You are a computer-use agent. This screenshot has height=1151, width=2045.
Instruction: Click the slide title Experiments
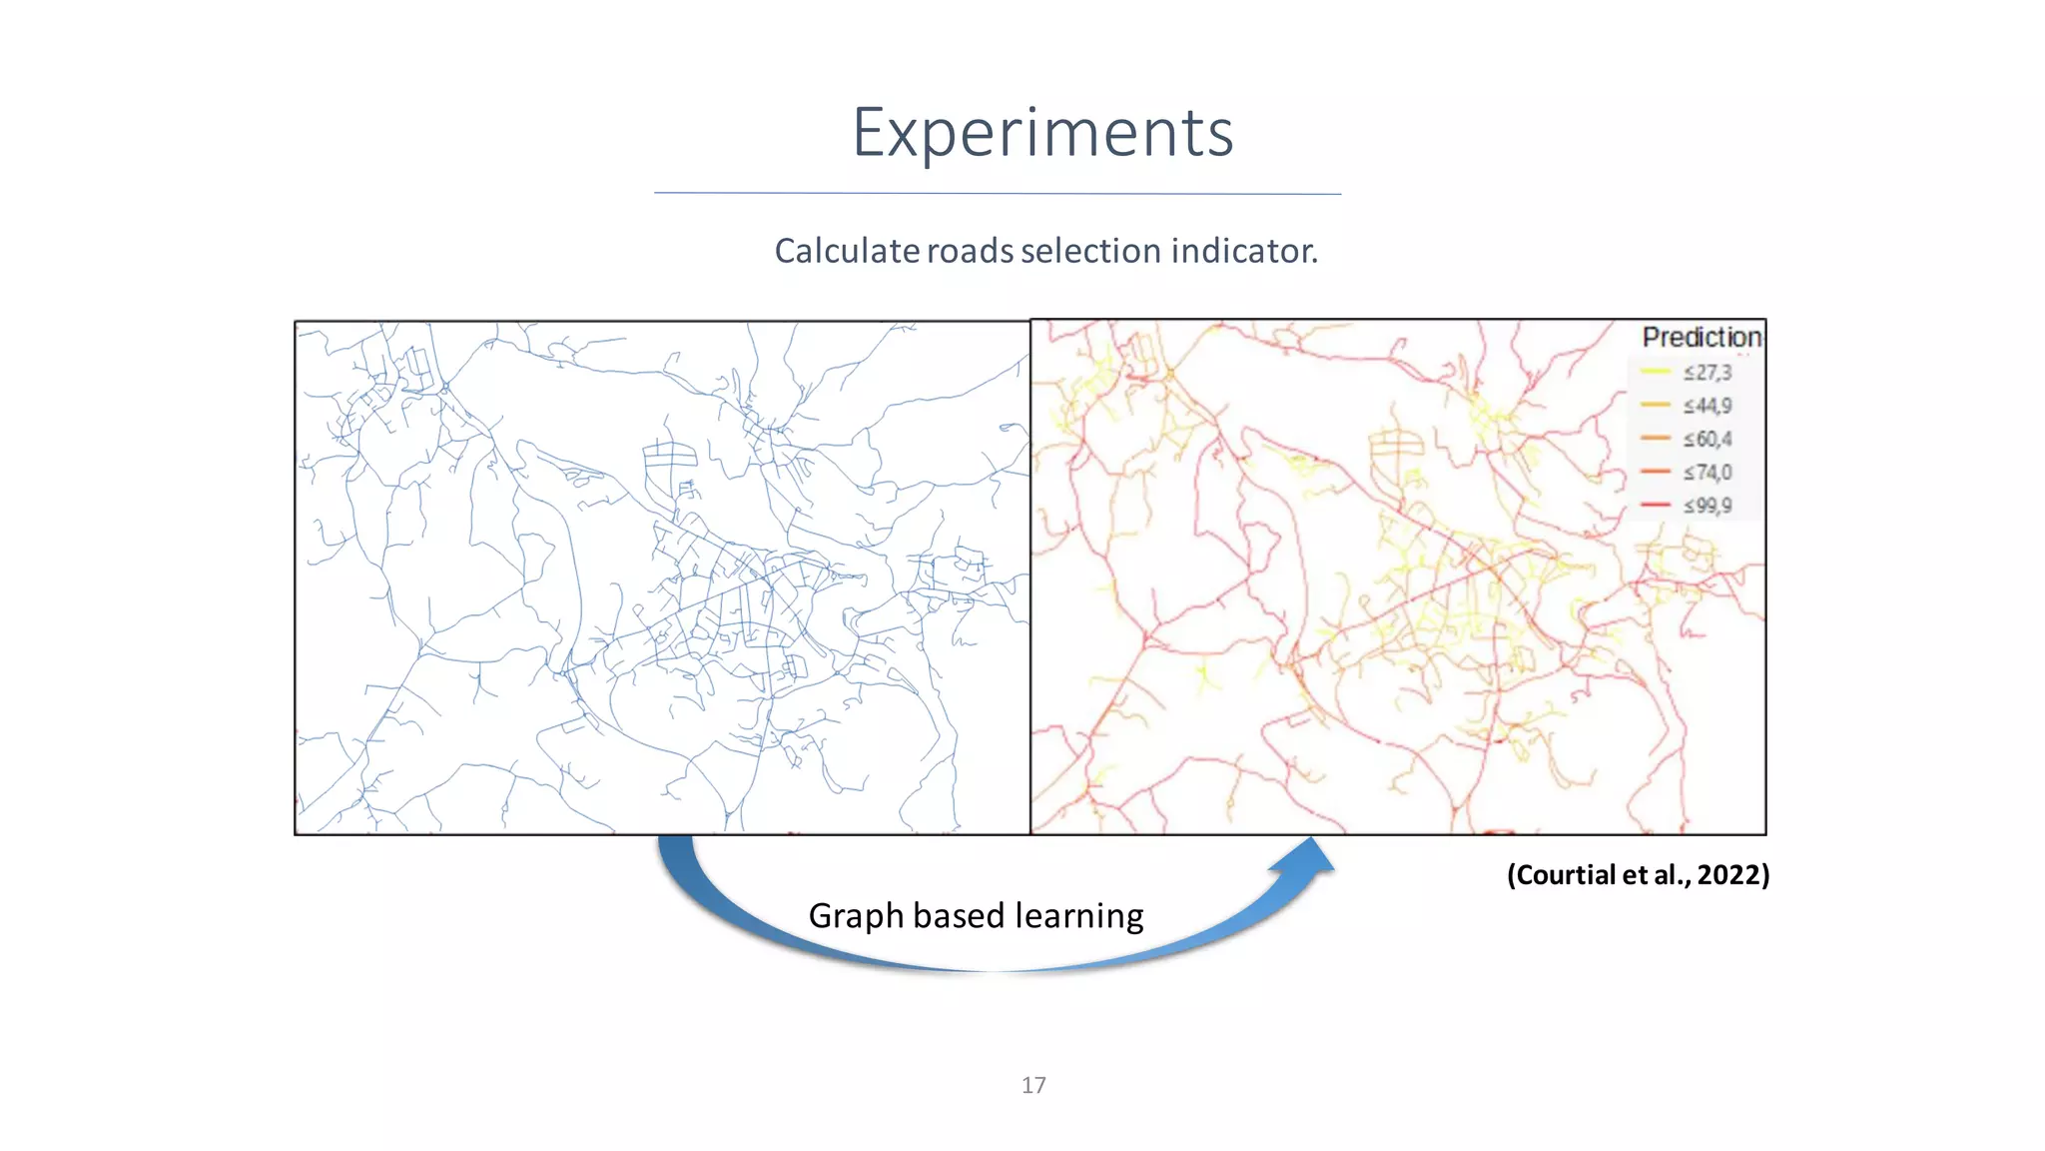click(1042, 133)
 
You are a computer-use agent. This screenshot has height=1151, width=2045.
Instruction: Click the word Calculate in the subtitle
click(847, 251)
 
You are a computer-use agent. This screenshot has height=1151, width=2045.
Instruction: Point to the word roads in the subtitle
click(970, 251)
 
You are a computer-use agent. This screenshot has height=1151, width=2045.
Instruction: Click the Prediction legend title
click(1702, 338)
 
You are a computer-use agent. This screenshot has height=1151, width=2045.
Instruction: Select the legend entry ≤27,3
click(1707, 373)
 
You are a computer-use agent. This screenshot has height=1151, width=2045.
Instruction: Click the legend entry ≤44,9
click(1707, 406)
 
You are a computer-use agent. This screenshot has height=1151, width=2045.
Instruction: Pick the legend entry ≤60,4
click(1707, 440)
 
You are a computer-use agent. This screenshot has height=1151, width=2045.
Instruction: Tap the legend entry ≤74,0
click(1707, 473)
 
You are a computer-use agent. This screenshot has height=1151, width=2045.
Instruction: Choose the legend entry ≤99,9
click(1707, 506)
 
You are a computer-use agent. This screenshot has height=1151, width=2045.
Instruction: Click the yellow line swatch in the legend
click(1655, 373)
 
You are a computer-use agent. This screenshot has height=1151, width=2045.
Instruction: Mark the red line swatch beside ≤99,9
click(1655, 506)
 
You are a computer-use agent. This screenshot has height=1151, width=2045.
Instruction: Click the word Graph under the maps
click(856, 916)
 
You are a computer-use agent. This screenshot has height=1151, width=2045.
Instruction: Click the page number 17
click(1033, 1085)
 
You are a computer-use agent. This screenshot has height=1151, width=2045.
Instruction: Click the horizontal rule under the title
click(998, 194)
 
